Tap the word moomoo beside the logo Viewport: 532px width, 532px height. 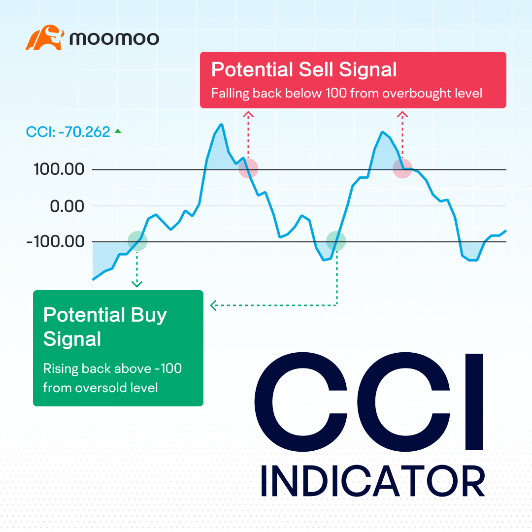coord(114,38)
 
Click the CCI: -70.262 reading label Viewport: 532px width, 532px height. coord(68,132)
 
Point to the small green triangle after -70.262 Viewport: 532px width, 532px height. coord(118,131)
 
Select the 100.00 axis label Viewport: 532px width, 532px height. coord(59,170)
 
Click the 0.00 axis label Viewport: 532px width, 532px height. coord(67,206)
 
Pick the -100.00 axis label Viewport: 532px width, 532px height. coord(55,242)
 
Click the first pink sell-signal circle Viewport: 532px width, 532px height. coord(248,168)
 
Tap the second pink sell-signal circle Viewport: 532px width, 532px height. coord(402,169)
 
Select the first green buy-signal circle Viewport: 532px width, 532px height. coord(137,241)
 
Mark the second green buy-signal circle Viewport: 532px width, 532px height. coord(336,241)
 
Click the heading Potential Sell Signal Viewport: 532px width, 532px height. coord(304,70)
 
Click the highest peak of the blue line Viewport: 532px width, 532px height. coord(222,125)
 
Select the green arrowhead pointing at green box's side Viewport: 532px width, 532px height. coord(213,306)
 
